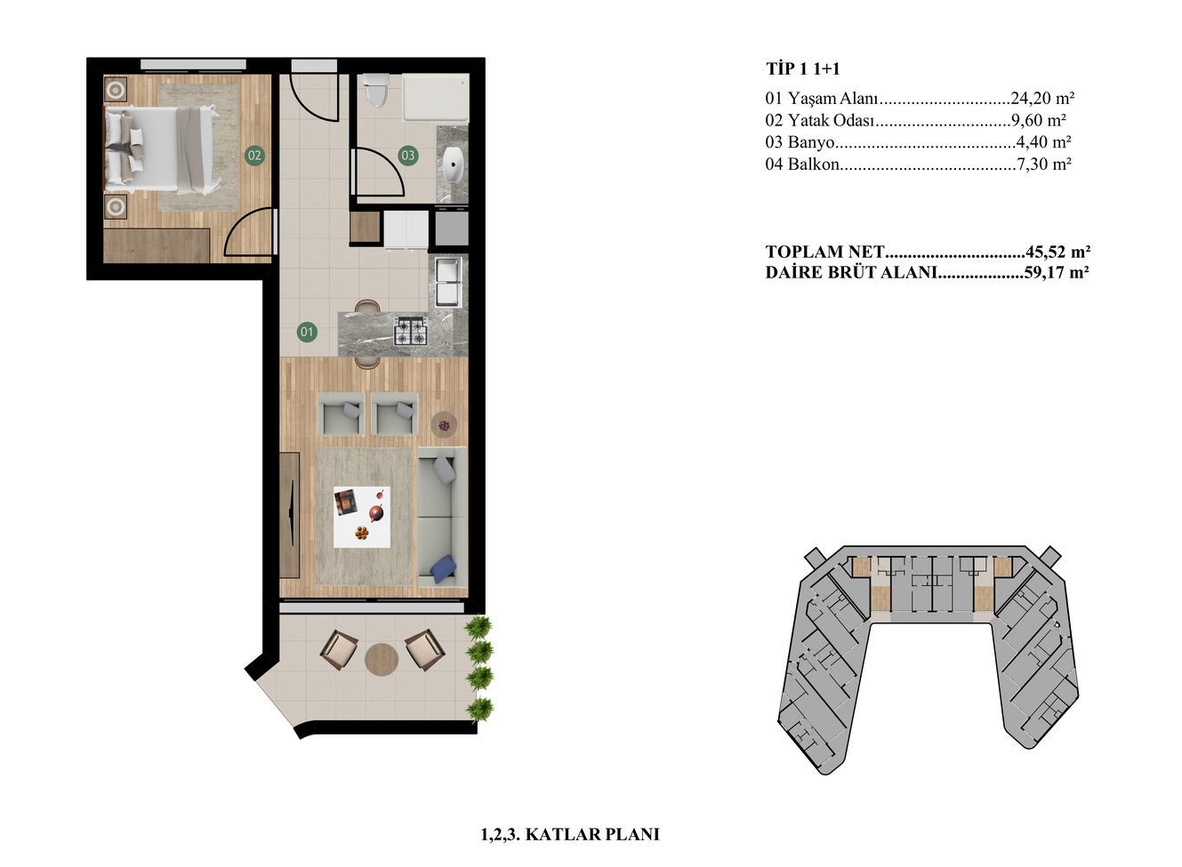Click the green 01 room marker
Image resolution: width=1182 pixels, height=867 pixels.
pos(307,332)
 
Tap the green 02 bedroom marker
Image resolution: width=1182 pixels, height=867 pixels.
pos(254,155)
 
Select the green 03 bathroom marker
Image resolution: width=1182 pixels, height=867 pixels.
pos(408,155)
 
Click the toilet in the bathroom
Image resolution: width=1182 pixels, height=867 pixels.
pos(375,90)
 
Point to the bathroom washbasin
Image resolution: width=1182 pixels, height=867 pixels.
pos(454,164)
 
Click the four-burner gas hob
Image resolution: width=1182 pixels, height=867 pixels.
pos(410,332)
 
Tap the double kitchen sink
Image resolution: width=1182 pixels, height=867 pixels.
pos(448,282)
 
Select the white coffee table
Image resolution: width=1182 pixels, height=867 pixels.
pos(362,517)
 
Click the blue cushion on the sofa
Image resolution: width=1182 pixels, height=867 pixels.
pos(443,568)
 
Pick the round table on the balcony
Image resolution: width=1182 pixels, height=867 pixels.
pos(381,660)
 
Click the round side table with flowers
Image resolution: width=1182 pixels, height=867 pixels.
pos(444,424)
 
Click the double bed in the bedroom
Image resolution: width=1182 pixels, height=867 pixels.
pos(162,149)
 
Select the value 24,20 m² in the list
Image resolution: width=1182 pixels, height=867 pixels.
pos(1042,98)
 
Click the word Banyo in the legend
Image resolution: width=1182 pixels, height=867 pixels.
pos(810,142)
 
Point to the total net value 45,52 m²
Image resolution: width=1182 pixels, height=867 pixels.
pos(1058,252)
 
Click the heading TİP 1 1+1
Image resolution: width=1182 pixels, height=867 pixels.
pos(802,68)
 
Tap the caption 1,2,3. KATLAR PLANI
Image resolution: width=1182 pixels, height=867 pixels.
pos(570,834)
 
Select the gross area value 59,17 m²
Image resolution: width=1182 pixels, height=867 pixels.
pos(1057,272)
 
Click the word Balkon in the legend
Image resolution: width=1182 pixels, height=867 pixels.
pos(813,165)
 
